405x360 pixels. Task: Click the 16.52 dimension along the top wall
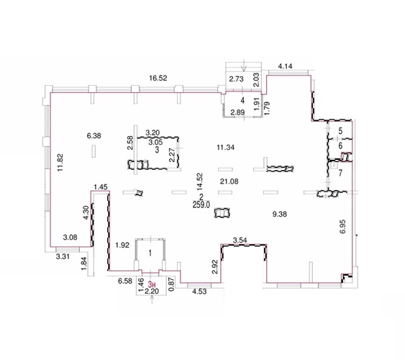[158, 78]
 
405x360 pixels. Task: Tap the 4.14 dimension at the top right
[285, 66]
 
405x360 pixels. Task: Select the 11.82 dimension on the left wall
[60, 163]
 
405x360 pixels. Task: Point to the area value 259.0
[201, 204]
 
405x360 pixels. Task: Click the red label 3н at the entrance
[152, 284]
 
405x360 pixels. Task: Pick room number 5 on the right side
[340, 131]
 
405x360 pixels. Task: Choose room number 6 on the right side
[340, 145]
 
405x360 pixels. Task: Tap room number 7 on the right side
[340, 173]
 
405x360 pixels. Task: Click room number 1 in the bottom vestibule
[150, 253]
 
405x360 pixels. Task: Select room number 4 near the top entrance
[242, 100]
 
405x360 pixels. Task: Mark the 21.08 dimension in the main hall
[229, 181]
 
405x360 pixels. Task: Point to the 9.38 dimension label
[280, 214]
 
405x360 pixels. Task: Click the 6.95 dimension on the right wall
[342, 227]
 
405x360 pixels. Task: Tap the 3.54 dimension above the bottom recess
[240, 240]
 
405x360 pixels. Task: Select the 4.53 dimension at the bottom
[200, 292]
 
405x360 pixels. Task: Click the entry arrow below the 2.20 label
[152, 300]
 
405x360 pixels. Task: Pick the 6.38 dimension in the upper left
[94, 135]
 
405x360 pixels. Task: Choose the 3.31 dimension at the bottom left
[63, 256]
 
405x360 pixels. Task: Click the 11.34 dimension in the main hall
[225, 148]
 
